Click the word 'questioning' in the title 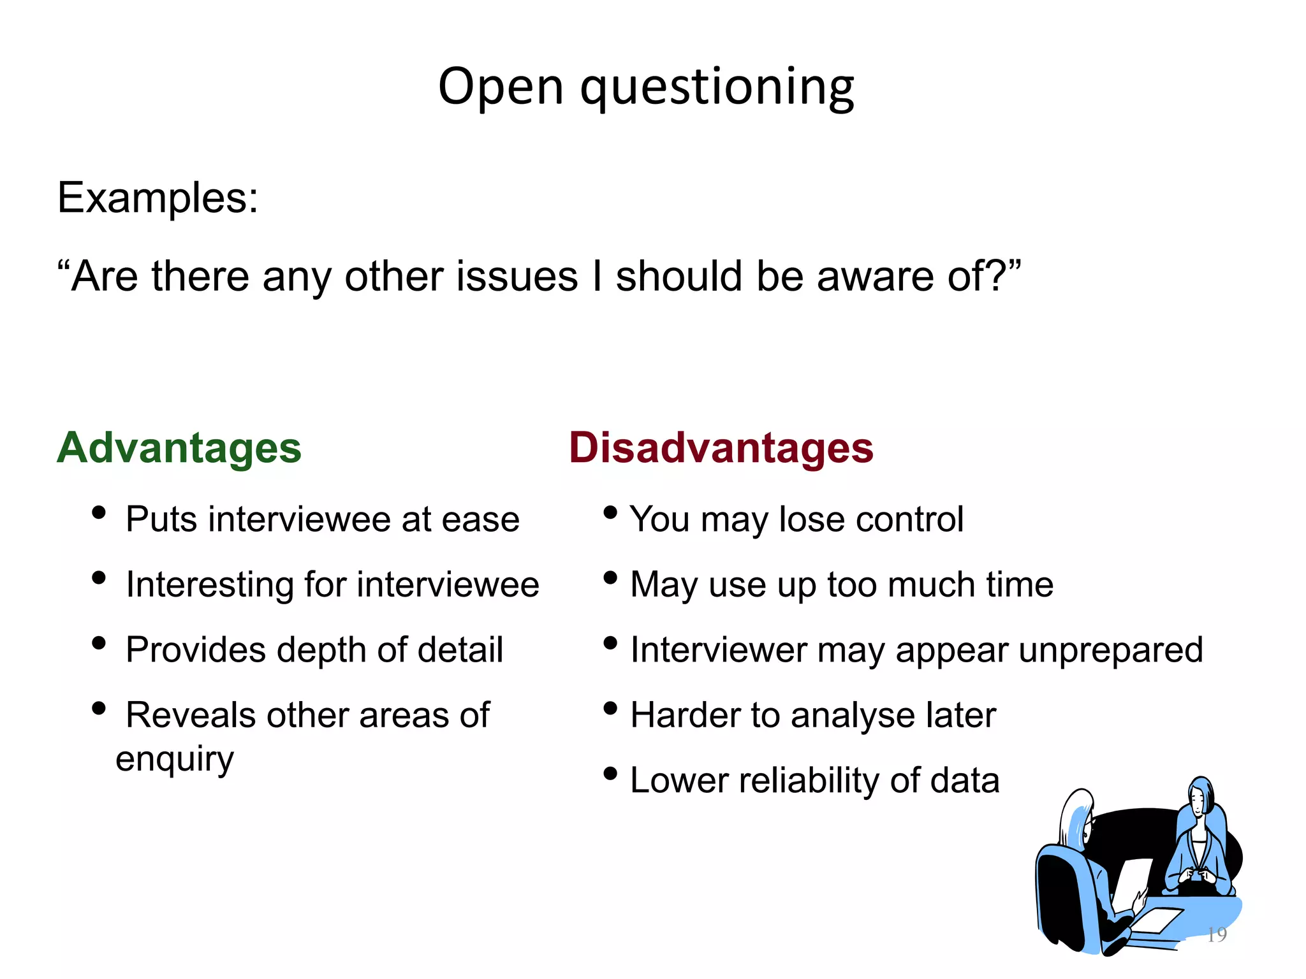coord(717,88)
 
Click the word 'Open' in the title coord(501,88)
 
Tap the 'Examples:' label coord(158,198)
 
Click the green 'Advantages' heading coord(179,447)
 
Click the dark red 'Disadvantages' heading coord(721,447)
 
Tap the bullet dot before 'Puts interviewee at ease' coord(98,512)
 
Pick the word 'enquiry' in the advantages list coord(175,758)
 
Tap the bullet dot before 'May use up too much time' coord(610,577)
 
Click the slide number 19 coord(1217,934)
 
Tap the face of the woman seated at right coord(1199,800)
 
